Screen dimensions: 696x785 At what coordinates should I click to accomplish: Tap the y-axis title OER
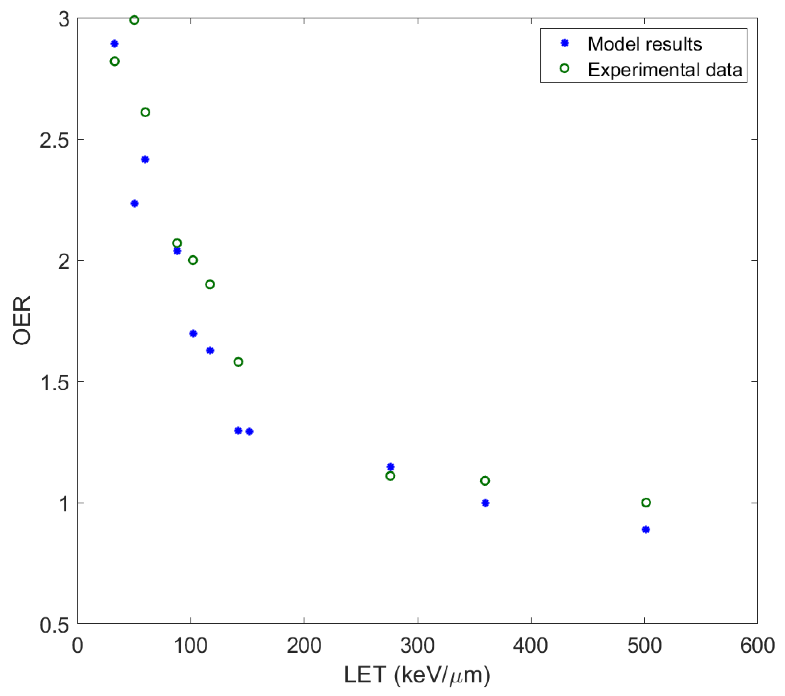(22, 320)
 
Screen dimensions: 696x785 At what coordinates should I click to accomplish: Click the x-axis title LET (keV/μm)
(417, 675)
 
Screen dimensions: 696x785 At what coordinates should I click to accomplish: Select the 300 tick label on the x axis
(417, 646)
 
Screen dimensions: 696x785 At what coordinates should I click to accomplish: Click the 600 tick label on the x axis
(757, 646)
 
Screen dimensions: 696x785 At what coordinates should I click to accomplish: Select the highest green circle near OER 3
(134, 20)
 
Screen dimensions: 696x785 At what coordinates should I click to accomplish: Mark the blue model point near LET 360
(485, 503)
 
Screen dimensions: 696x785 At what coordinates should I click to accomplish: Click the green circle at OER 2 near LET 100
(193, 260)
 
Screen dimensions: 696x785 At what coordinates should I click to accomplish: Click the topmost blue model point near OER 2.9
(114, 44)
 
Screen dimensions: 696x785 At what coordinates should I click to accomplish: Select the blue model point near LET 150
(249, 432)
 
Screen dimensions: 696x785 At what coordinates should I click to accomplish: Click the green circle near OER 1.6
(238, 362)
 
